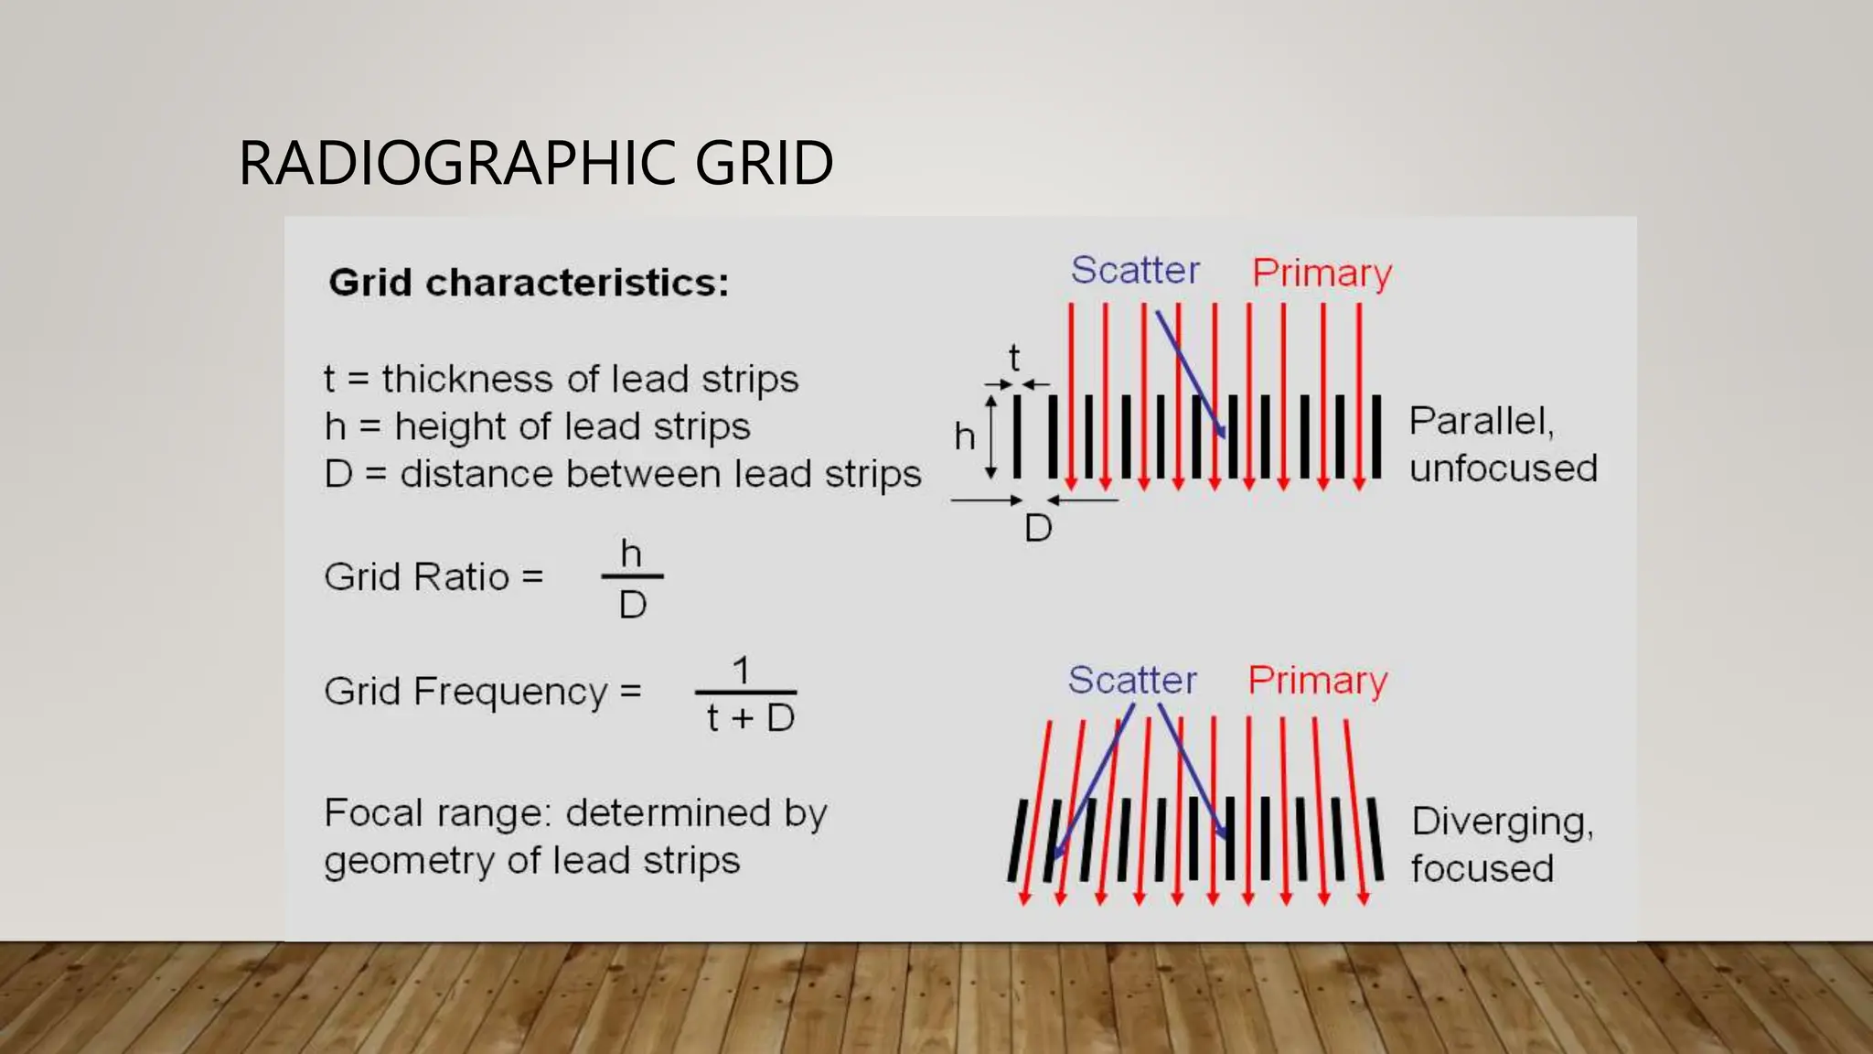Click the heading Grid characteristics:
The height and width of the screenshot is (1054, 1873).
click(529, 282)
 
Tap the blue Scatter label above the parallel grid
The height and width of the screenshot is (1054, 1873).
click(1135, 270)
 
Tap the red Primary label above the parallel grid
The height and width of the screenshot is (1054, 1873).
click(1322, 273)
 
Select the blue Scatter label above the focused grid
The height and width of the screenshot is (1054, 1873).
click(1132, 680)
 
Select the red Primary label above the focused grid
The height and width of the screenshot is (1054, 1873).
click(1318, 681)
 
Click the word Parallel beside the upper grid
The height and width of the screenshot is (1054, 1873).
click(1480, 421)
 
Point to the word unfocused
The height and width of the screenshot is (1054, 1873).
click(1503, 468)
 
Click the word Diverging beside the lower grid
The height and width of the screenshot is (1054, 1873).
click(1502, 822)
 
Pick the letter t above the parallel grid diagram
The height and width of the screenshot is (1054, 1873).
click(1013, 358)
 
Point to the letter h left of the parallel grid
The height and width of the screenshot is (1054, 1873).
click(964, 436)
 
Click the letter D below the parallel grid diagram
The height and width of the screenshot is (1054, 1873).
click(1038, 528)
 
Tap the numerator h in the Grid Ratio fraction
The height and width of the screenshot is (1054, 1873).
click(631, 554)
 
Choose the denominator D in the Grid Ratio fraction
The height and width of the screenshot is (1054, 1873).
click(632, 604)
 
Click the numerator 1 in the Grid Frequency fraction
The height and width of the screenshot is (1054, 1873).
click(742, 671)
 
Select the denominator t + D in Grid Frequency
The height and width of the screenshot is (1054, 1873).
click(750, 717)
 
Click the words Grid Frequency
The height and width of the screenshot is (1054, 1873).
click(466, 692)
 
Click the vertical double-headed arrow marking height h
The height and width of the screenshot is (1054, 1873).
click(990, 436)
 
